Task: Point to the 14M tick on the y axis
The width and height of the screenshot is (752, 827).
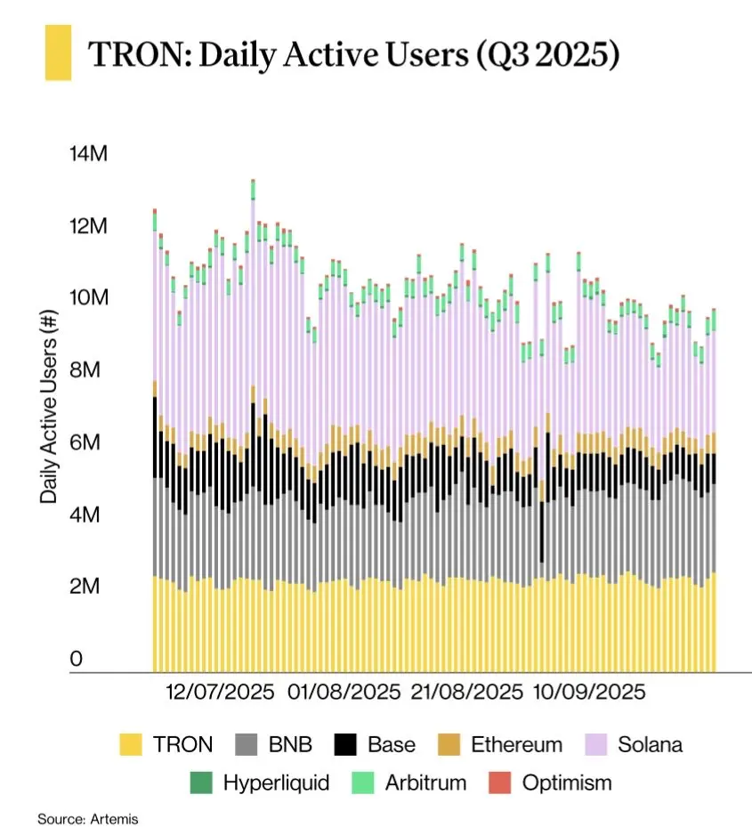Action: (88, 154)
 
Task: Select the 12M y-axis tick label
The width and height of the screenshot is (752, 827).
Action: (88, 226)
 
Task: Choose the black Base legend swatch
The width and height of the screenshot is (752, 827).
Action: (345, 744)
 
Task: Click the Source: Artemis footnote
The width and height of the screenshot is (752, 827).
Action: (88, 817)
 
